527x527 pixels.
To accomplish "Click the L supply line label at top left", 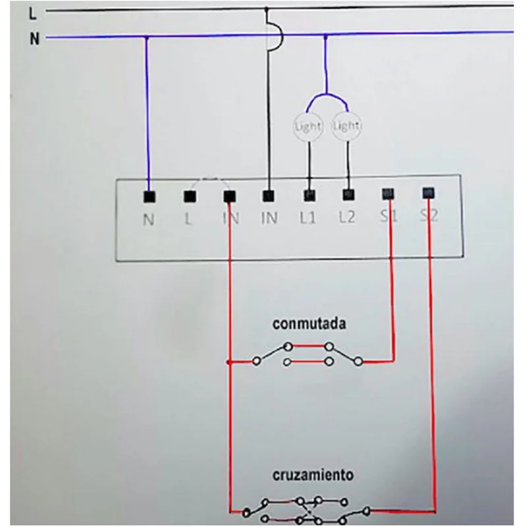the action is pyautogui.click(x=32, y=14).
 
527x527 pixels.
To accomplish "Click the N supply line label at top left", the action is pyautogui.click(x=34, y=39).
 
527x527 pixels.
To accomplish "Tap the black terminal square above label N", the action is pyautogui.click(x=150, y=196).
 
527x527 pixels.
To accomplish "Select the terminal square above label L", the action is pyautogui.click(x=190, y=196).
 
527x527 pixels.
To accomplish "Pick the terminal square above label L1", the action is pyautogui.click(x=310, y=195).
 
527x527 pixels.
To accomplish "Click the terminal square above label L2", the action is pyautogui.click(x=348, y=194).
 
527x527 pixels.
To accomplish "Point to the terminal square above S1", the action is pyautogui.click(x=388, y=194).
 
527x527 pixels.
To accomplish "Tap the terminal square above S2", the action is pyautogui.click(x=428, y=193).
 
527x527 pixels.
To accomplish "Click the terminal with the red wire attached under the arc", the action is pyautogui.click(x=229, y=196).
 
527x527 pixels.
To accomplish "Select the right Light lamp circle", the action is pyautogui.click(x=347, y=126).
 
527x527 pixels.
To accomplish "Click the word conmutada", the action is pyautogui.click(x=309, y=324).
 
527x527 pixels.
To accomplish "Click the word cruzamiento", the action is pyautogui.click(x=312, y=475).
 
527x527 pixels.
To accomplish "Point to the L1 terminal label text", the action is pyautogui.click(x=308, y=218).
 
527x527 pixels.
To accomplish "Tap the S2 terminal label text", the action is pyautogui.click(x=429, y=215).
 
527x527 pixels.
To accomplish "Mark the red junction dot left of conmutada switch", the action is pyautogui.click(x=229, y=362).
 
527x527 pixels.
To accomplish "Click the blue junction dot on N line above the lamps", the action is pyautogui.click(x=325, y=36).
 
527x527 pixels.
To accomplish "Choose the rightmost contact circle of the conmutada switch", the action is pyautogui.click(x=358, y=362).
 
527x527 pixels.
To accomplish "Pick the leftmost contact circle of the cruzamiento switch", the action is pyautogui.click(x=246, y=513).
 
